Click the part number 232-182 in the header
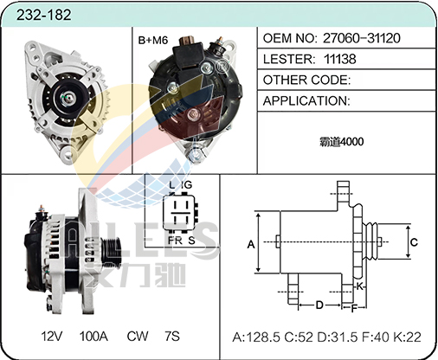(43, 15)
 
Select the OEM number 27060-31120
(362, 38)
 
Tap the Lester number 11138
(340, 59)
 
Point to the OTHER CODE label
(306, 80)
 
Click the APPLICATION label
(306, 101)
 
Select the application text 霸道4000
(342, 142)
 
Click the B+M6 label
(153, 40)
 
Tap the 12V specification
(52, 337)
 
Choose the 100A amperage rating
(93, 337)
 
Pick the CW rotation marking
(138, 337)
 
